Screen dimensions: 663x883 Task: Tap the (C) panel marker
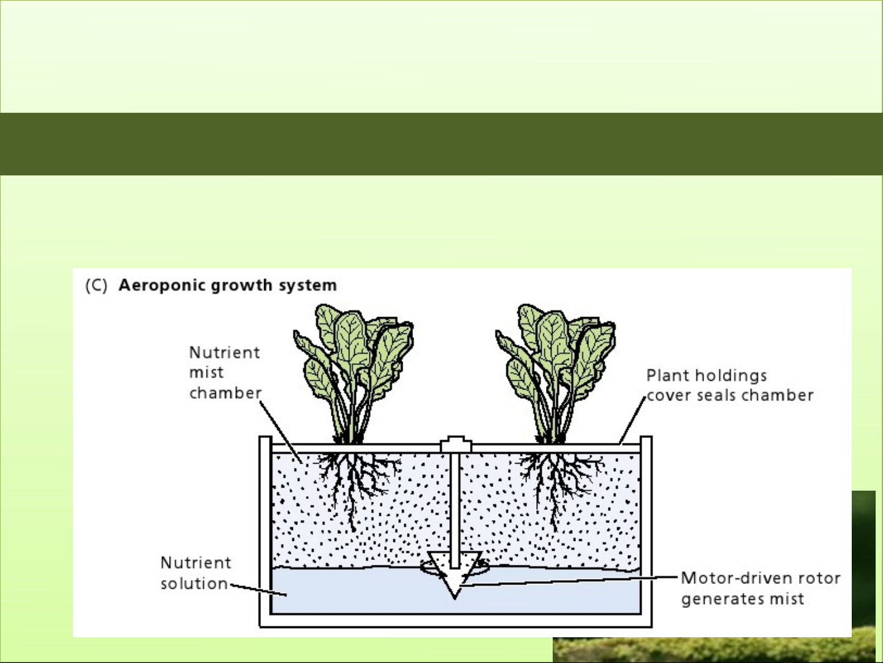tap(96, 286)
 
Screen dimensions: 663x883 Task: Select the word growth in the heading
tap(241, 286)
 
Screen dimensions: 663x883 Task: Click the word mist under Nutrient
tap(207, 372)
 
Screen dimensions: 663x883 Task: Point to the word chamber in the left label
tap(225, 393)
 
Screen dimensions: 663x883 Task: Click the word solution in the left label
tap(194, 583)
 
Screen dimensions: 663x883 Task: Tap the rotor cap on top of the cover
tap(455, 443)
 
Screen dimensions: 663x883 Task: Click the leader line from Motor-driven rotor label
tap(570, 580)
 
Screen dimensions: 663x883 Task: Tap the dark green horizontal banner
tap(441, 144)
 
